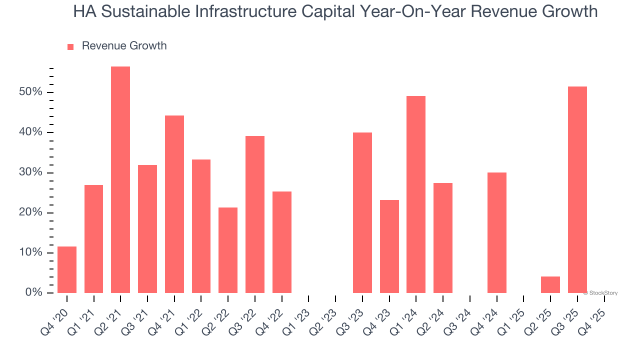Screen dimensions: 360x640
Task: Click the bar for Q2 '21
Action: (120, 179)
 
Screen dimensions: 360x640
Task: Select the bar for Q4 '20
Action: (67, 269)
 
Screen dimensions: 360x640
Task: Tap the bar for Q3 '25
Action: (577, 189)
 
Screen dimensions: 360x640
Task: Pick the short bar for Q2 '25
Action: (550, 284)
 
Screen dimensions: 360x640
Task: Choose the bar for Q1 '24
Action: (416, 194)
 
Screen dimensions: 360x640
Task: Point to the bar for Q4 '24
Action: (496, 232)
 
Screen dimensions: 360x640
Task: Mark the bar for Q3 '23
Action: (362, 212)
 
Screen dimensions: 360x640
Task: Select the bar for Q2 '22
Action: (228, 250)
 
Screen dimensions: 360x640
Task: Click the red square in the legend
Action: (70, 46)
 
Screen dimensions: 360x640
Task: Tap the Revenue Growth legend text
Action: (124, 46)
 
